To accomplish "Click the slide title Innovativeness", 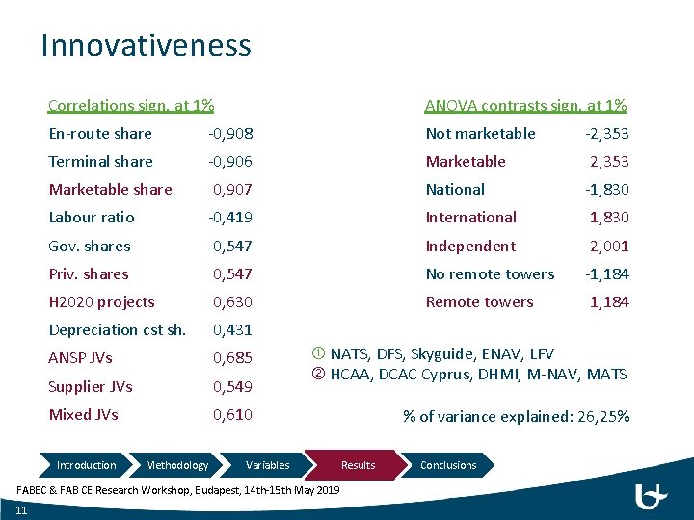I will pos(146,45).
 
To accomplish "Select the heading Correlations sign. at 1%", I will pos(131,105).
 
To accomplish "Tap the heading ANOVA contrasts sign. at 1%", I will pos(525,105).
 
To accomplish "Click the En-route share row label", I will pos(100,134).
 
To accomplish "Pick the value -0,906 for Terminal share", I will pos(231,162).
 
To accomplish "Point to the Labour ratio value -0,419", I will pos(231,218).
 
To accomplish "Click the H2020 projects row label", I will pos(101,302).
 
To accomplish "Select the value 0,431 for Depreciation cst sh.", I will pos(232,330).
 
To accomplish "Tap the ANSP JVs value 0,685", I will pos(232,358).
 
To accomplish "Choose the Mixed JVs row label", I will pos(84,415).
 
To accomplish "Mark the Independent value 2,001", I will pos(609,247).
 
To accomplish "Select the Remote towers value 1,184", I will pos(609,302).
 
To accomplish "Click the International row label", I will pos(471,218).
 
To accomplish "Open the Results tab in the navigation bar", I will pos(358,465).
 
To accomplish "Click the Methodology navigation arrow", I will pos(176,465).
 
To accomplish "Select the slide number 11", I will pos(21,510).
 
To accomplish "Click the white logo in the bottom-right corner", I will pos(652,497).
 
